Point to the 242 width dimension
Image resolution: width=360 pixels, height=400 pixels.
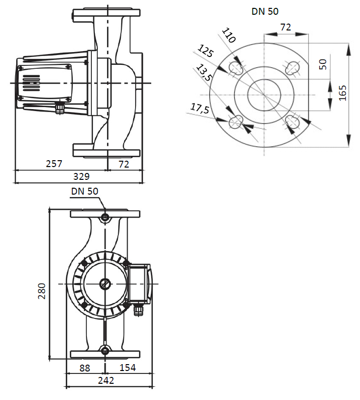[x=106, y=380]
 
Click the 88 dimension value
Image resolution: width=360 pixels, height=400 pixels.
[x=84, y=368]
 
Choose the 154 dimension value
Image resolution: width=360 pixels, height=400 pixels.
[x=127, y=368]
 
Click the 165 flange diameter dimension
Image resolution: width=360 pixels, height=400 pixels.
[x=342, y=92]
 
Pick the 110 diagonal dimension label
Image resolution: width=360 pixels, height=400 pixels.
[x=229, y=36]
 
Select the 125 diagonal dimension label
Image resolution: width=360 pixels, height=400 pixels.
[x=205, y=51]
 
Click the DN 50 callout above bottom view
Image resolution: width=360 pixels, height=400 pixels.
[x=84, y=191]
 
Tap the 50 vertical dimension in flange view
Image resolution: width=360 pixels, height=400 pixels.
[x=323, y=64]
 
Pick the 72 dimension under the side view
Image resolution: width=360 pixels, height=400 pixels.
[x=124, y=164]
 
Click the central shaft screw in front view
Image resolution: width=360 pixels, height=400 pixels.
[x=105, y=284]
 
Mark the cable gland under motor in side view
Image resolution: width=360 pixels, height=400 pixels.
[x=61, y=107]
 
